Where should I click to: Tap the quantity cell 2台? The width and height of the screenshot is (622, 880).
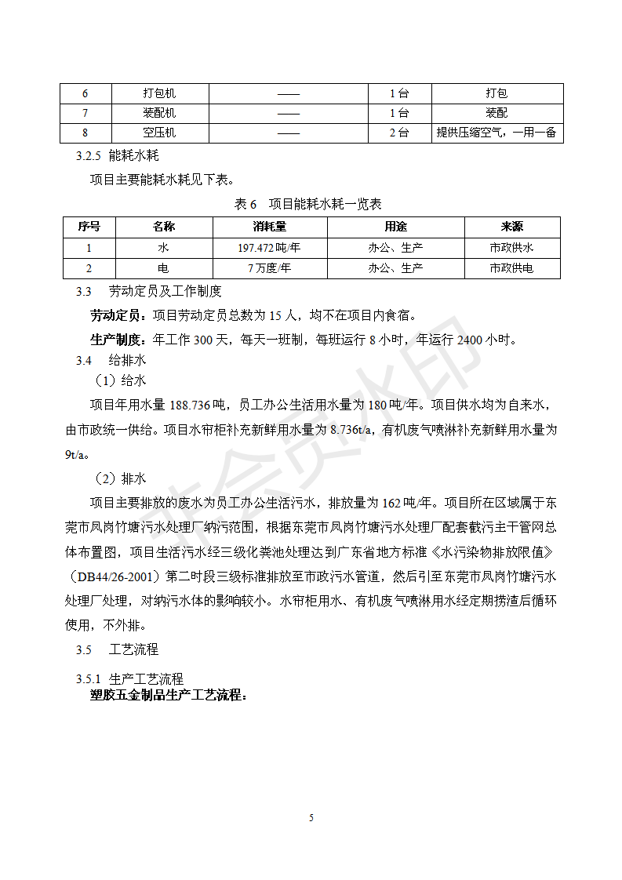pyautogui.click(x=399, y=133)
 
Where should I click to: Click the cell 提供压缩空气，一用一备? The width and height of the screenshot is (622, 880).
pyautogui.click(x=496, y=133)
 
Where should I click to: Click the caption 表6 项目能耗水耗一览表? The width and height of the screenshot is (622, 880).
pyautogui.click(x=308, y=204)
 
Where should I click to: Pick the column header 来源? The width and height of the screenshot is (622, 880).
pyautogui.click(x=511, y=227)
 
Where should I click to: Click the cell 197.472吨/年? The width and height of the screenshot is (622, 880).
pyautogui.click(x=269, y=247)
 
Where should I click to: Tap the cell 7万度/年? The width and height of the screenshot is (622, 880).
pyautogui.click(x=269, y=267)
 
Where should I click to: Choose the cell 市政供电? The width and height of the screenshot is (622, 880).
pyautogui.click(x=511, y=267)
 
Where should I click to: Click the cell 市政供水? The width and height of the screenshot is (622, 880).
pyautogui.click(x=511, y=247)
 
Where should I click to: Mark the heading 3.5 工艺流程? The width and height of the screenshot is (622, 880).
pyautogui.click(x=117, y=649)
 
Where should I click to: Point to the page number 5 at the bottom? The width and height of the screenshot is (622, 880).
pyautogui.click(x=311, y=818)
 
